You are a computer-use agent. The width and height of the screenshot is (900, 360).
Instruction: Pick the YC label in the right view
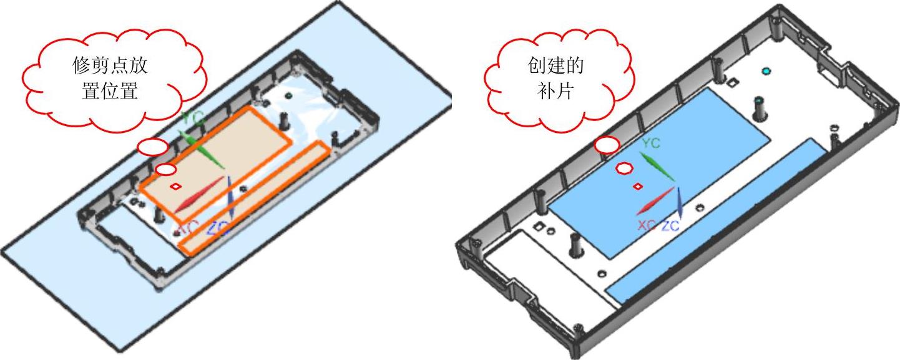point(651,144)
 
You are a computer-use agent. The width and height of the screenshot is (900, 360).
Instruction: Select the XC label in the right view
point(646,225)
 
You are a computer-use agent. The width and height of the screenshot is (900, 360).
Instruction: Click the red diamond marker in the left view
point(176,185)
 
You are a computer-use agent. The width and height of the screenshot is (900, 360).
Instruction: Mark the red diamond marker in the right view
point(638,186)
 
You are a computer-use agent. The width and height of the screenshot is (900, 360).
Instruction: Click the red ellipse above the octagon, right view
point(607,145)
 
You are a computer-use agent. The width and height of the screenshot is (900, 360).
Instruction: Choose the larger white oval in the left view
point(152,147)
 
